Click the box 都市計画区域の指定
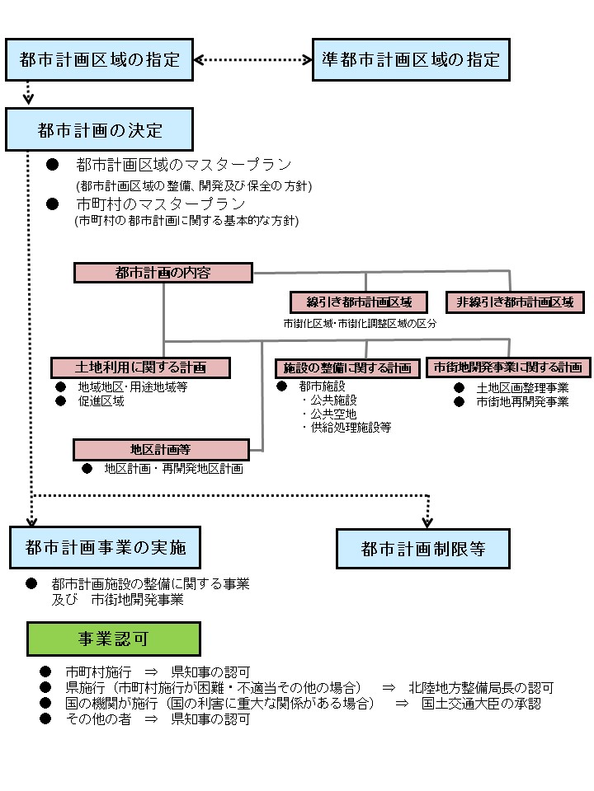(99, 59)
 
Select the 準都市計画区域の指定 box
(411, 59)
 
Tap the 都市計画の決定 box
(99, 130)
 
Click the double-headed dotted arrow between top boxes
(252, 59)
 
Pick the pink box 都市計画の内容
(163, 273)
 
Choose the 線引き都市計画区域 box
(359, 302)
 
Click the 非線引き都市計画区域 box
(515, 302)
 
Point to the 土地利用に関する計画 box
(140, 367)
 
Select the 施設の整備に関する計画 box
(346, 367)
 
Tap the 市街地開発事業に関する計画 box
(508, 367)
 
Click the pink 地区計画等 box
(161, 449)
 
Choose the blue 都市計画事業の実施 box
(106, 548)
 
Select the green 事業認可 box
(114, 639)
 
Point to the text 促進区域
(101, 401)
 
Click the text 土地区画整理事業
(522, 387)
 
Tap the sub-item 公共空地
(334, 414)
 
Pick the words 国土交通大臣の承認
(481, 704)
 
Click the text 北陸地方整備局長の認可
(480, 687)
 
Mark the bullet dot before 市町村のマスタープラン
(52, 204)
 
